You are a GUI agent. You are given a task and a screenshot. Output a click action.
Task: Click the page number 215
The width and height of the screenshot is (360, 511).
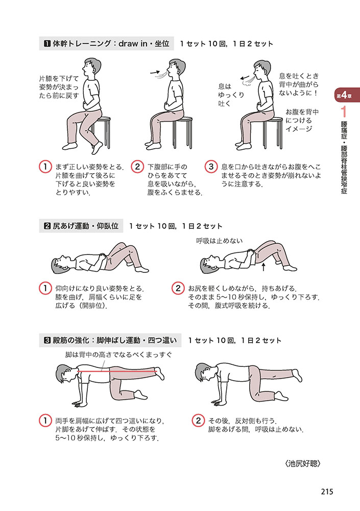click(x=327, y=492)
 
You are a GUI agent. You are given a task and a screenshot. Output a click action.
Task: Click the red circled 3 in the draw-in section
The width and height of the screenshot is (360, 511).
click(x=211, y=167)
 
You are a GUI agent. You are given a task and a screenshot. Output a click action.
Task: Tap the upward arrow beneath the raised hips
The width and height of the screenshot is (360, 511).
click(x=263, y=267)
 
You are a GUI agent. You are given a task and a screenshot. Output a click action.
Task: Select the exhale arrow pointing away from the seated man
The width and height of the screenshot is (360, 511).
click(x=245, y=78)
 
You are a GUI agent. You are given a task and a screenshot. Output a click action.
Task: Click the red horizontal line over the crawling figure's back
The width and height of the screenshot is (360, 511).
click(x=117, y=371)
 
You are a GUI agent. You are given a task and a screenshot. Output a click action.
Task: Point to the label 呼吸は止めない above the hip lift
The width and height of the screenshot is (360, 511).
click(x=219, y=241)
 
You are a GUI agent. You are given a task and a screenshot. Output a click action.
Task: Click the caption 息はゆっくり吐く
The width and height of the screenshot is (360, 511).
click(x=231, y=95)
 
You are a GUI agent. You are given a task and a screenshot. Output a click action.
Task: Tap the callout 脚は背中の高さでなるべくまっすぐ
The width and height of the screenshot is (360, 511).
click(x=118, y=355)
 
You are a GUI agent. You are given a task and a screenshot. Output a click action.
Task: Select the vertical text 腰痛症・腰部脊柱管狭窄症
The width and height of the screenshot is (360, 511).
click(x=344, y=157)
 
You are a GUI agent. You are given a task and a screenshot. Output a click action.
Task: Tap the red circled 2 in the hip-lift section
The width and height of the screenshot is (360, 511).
click(x=178, y=288)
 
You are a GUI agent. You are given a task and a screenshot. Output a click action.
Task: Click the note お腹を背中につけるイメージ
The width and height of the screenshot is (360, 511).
click(x=302, y=120)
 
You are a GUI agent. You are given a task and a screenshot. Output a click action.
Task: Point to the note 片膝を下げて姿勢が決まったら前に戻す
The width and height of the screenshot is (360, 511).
click(x=59, y=87)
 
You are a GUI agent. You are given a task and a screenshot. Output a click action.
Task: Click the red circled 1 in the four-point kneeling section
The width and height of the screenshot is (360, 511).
click(x=45, y=421)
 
